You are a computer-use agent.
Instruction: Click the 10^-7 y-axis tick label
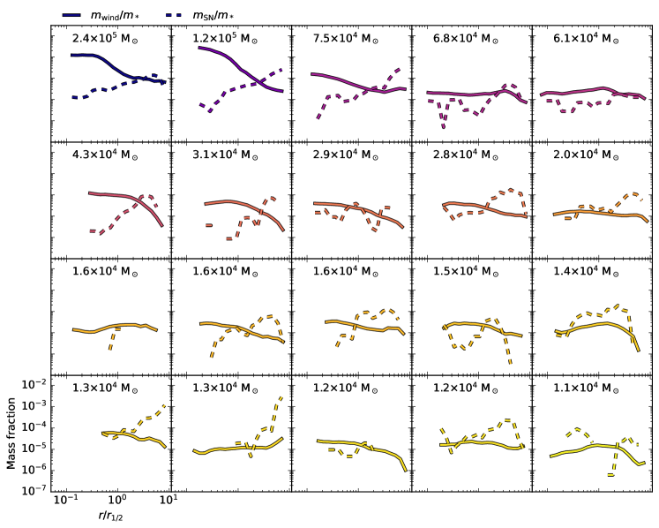(x=34, y=490)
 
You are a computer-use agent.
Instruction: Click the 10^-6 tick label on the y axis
(x=34, y=469)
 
